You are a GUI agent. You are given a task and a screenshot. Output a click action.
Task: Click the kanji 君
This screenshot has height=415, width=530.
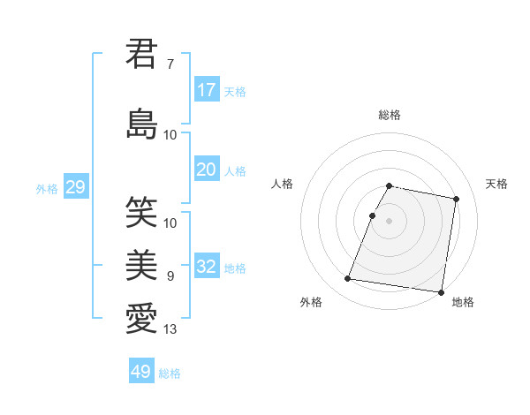point(141,54)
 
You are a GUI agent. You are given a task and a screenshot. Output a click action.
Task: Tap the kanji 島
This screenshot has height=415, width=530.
point(141,123)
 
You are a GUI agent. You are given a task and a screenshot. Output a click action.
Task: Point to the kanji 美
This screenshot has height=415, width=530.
point(141,263)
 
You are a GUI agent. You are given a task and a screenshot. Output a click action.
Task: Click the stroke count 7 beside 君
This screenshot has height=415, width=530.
point(170,64)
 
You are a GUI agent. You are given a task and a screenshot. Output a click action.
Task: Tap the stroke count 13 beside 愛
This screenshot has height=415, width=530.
point(170,330)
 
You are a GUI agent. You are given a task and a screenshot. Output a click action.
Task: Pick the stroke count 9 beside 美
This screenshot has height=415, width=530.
point(170,276)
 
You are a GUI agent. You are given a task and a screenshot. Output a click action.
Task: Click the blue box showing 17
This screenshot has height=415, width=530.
point(207,89)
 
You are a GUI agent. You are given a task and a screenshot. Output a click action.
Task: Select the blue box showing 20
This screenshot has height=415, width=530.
point(207,170)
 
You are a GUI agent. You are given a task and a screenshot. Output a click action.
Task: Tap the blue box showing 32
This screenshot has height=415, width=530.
point(207,266)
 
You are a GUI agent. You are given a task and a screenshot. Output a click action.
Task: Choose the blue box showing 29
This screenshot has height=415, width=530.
point(75,186)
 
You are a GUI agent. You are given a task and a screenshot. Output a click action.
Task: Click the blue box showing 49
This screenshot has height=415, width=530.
point(141,372)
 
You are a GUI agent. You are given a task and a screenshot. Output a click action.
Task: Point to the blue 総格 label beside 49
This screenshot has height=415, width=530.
point(170,373)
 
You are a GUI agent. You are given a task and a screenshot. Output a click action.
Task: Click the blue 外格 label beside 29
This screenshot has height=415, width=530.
point(47,188)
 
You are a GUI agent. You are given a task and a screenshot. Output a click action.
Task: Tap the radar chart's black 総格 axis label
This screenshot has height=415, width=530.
point(390,115)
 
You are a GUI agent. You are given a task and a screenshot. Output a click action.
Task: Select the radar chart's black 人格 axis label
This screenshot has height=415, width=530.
point(283,184)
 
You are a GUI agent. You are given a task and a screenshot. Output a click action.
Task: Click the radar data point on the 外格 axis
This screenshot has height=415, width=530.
point(348,279)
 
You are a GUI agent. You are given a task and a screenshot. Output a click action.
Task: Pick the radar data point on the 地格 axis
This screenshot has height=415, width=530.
point(440,291)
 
